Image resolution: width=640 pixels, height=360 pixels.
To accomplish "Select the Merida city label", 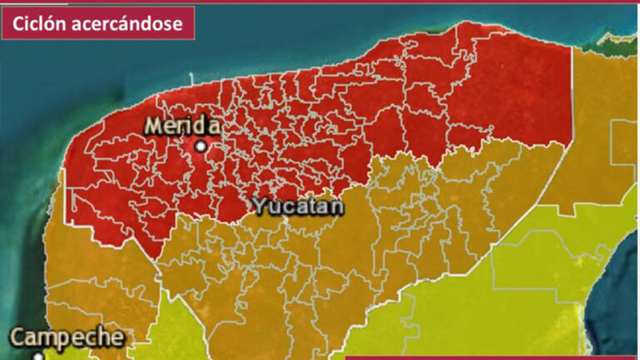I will coord(182,126).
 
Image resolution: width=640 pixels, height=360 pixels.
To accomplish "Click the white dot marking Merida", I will coord(201,146).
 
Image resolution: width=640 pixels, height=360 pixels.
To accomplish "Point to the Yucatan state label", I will coord(298,206).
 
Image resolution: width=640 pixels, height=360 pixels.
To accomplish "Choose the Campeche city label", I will coord(68,337).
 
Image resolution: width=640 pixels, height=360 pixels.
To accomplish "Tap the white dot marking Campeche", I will coord(38,356).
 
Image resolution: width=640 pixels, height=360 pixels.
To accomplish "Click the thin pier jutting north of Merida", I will coord(193,78).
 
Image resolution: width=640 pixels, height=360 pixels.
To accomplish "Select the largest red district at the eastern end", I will coord(512,88).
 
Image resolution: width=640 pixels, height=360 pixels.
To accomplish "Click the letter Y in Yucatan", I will coord(258,206).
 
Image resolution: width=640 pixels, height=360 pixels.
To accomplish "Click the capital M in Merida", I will coord(154,126).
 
